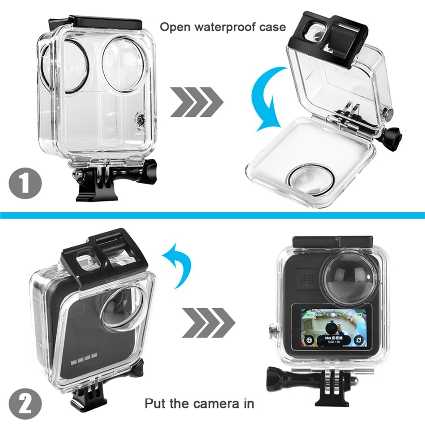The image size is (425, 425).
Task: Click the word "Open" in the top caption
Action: [x=174, y=27]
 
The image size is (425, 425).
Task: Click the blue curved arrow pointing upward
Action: [x=178, y=263]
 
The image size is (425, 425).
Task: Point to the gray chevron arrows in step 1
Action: [x=196, y=102]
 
